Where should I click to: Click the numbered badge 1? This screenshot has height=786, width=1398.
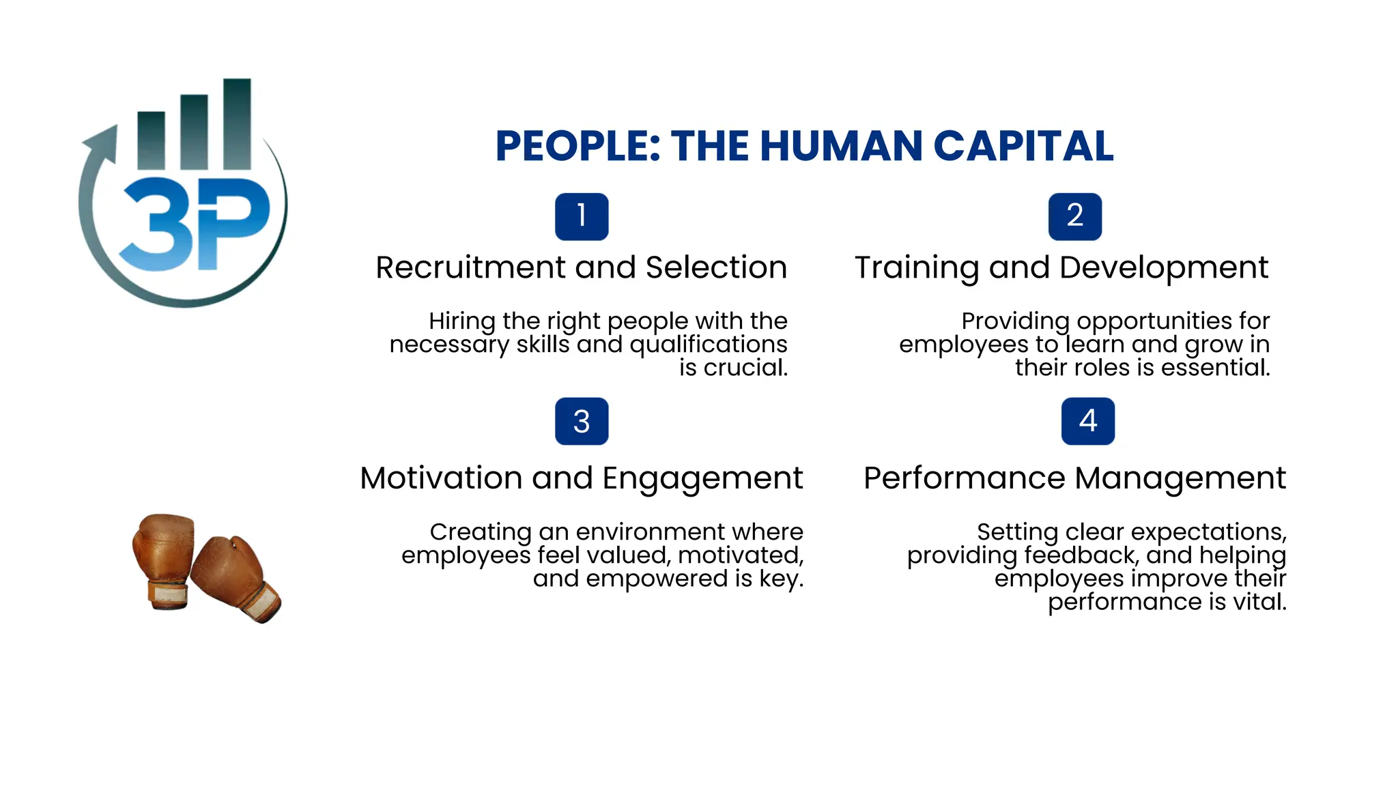tap(582, 217)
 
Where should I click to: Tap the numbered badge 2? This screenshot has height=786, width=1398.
tap(1074, 217)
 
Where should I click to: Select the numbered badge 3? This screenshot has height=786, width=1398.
tap(582, 422)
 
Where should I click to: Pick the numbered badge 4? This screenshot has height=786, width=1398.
tap(1087, 422)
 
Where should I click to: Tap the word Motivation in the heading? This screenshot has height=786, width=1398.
tap(441, 478)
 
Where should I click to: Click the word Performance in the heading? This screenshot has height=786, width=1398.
tap(964, 478)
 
